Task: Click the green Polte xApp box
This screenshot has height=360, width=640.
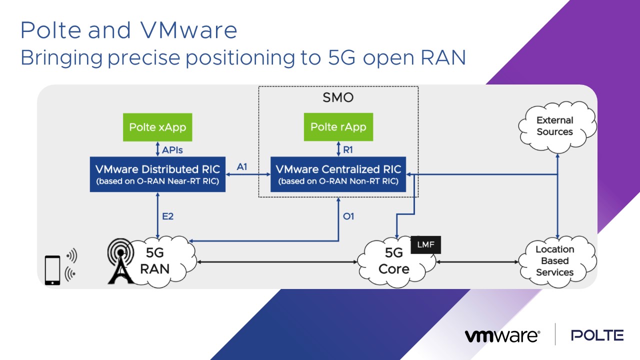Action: coord(157,127)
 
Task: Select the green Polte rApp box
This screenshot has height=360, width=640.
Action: coord(338,127)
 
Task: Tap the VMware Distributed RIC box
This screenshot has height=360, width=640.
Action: coord(157,174)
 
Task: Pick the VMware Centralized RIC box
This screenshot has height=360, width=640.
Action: coord(338,174)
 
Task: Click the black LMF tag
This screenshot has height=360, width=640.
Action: coord(426,245)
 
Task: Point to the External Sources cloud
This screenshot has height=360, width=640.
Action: coord(555,126)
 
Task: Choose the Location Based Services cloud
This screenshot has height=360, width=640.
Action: coord(554,260)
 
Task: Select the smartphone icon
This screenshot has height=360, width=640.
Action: coord(52,270)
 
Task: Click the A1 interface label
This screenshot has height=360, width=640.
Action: coord(242,167)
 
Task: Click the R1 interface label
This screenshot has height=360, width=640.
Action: coord(348,149)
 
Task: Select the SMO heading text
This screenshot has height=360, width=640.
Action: coord(338,97)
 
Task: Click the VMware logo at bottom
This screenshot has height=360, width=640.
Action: coord(501,335)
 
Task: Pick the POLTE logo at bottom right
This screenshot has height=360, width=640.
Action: coord(597,335)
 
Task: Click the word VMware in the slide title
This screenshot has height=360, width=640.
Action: coord(182,31)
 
